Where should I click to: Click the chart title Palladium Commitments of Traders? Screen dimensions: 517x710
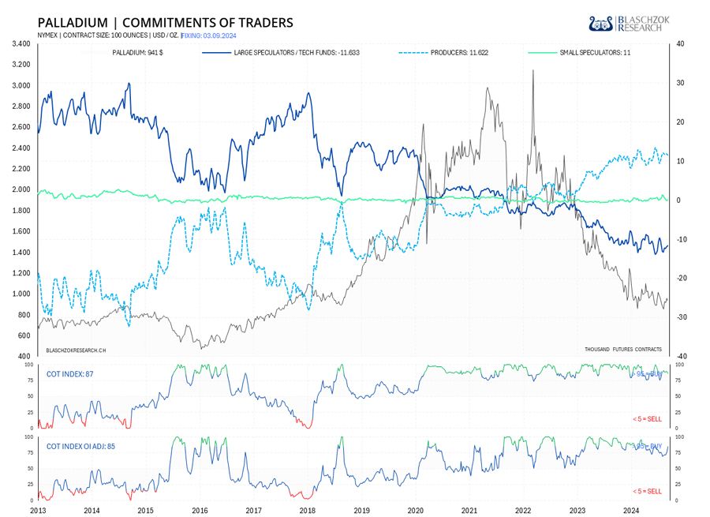[x=165, y=22]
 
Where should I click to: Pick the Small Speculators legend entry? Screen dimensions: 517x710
[x=595, y=52]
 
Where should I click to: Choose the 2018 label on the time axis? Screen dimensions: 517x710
[x=308, y=511]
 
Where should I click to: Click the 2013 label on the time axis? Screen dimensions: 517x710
[x=38, y=511]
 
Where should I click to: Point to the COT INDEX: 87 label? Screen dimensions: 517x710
[x=70, y=373]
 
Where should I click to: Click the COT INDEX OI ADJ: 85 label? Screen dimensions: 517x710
[x=81, y=446]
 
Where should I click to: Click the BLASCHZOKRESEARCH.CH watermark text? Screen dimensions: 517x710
[x=77, y=349]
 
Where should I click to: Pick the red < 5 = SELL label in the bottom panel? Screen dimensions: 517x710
[x=647, y=490]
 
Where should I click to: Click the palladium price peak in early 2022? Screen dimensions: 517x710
[x=533, y=71]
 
